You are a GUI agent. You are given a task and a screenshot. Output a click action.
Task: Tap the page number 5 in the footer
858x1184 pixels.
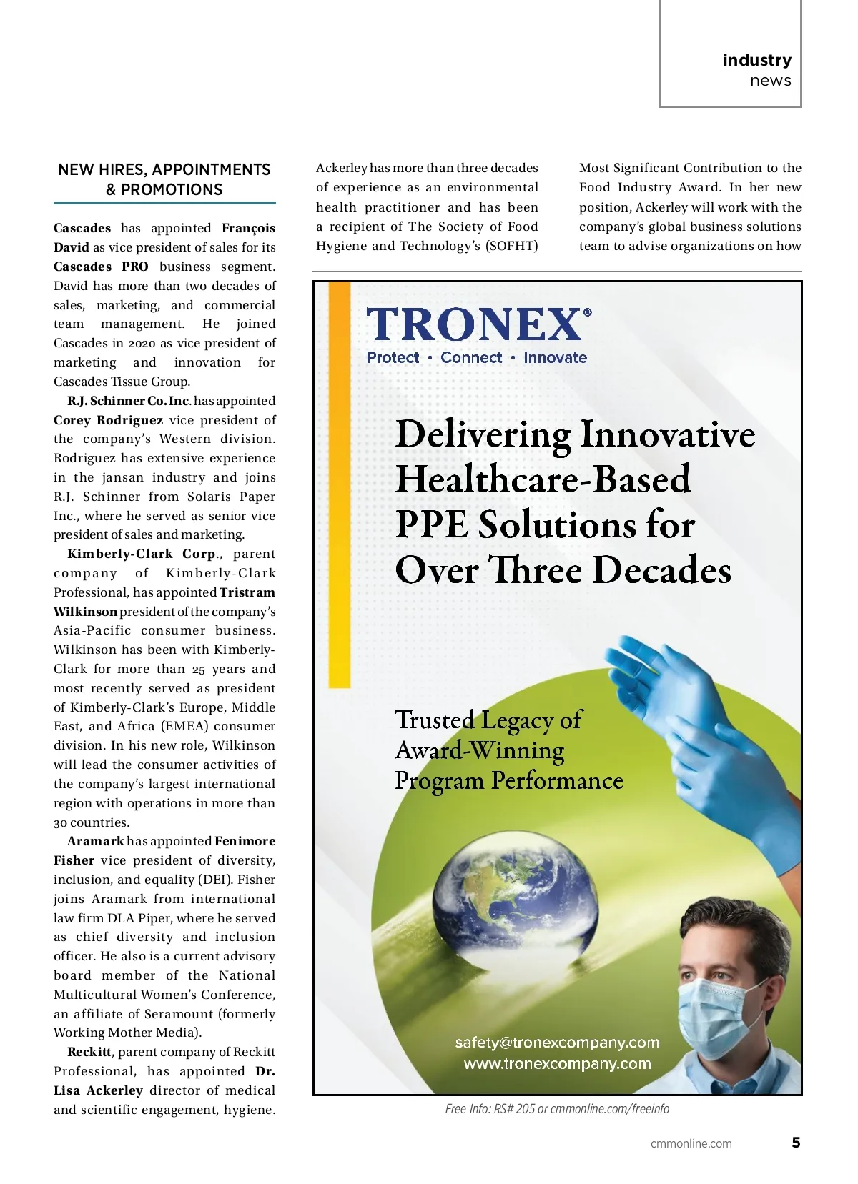[796, 1143]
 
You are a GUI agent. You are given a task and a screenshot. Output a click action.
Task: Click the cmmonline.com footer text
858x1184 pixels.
[691, 1143]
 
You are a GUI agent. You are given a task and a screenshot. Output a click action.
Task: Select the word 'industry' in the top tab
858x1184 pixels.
[756, 60]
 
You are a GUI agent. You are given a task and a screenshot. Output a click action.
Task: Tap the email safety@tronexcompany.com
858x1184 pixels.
[557, 1043]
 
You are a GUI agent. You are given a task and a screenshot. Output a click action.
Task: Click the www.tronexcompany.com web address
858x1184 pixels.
[557, 1063]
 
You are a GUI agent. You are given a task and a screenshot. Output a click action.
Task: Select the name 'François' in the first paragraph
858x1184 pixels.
[248, 228]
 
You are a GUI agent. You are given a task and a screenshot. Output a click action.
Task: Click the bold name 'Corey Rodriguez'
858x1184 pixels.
[108, 420]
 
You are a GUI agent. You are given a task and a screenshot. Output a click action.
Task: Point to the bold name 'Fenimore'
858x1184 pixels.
[245, 841]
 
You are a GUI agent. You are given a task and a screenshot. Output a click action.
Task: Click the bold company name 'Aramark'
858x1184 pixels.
[96, 841]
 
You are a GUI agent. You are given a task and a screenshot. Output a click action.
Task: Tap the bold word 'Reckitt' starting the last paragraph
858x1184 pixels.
[89, 1052]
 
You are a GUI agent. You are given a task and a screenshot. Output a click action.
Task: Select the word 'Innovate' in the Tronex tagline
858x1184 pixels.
[555, 357]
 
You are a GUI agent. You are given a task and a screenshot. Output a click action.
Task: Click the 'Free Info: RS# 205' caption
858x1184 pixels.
[557, 1108]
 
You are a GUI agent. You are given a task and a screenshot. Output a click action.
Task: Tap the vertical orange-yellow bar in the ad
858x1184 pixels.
[340, 486]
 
